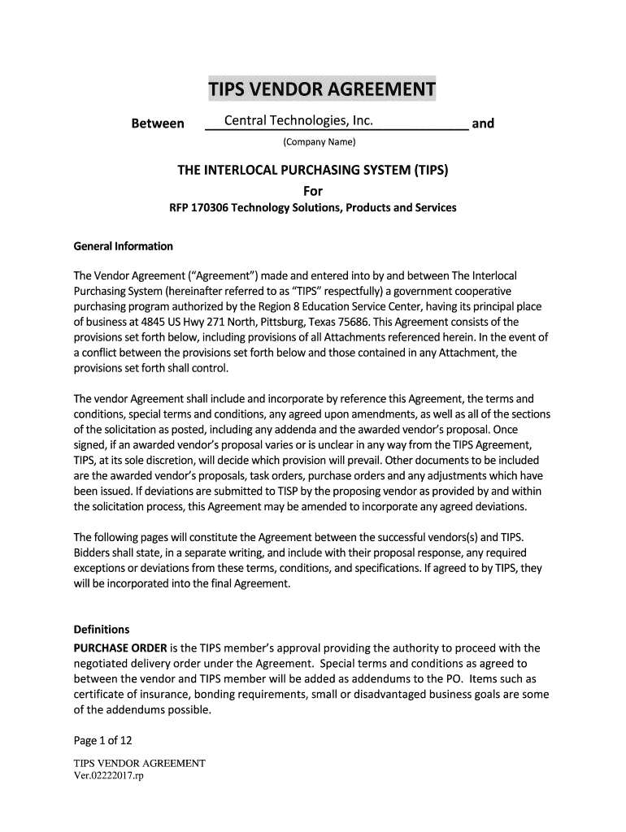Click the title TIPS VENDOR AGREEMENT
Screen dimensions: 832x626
click(321, 89)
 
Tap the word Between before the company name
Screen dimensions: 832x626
click(158, 123)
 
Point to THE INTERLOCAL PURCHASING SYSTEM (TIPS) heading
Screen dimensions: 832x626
click(313, 171)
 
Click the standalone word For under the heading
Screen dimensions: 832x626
click(313, 191)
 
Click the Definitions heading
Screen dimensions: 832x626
click(102, 630)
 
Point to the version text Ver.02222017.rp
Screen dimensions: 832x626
click(108, 776)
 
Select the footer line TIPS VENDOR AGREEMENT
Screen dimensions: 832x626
click(139, 764)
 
